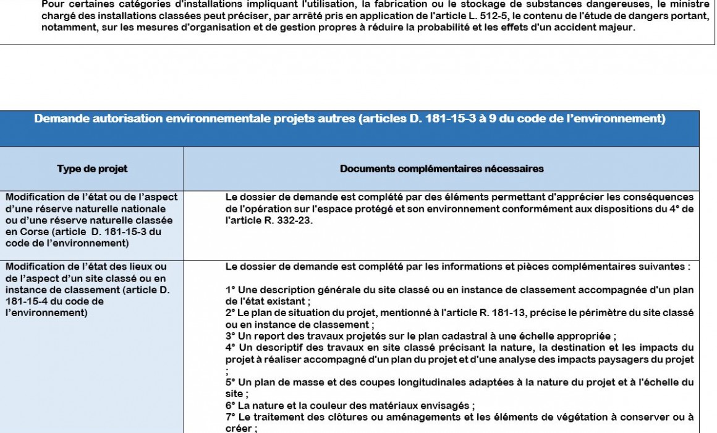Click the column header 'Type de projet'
pos(92,169)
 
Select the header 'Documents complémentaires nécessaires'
pos(441,169)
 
